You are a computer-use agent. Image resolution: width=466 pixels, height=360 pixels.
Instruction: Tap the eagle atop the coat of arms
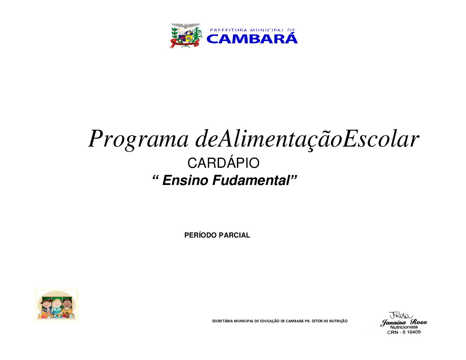[186, 26]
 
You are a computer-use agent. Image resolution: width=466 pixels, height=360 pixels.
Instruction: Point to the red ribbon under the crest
[184, 44]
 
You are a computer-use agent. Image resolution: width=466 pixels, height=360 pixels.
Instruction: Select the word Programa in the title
[139, 139]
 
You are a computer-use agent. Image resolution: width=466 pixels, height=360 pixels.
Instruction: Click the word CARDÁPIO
[223, 163]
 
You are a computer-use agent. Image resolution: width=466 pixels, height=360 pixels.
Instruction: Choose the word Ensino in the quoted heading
[185, 180]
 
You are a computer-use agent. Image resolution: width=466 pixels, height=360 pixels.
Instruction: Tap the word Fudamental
[251, 180]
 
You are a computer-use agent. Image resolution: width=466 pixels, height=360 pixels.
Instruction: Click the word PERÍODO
[201, 235]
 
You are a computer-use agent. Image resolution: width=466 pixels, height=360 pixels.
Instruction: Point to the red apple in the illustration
[64, 316]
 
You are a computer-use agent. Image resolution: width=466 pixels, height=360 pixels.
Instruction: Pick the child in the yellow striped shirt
[67, 307]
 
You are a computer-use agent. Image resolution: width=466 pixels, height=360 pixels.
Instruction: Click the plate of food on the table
[56, 316]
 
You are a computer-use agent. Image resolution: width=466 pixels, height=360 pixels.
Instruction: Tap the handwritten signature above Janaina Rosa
[400, 316]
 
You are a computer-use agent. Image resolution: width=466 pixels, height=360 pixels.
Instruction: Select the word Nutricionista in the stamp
[404, 327]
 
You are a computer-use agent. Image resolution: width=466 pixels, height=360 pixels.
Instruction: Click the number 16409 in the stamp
[414, 332]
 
